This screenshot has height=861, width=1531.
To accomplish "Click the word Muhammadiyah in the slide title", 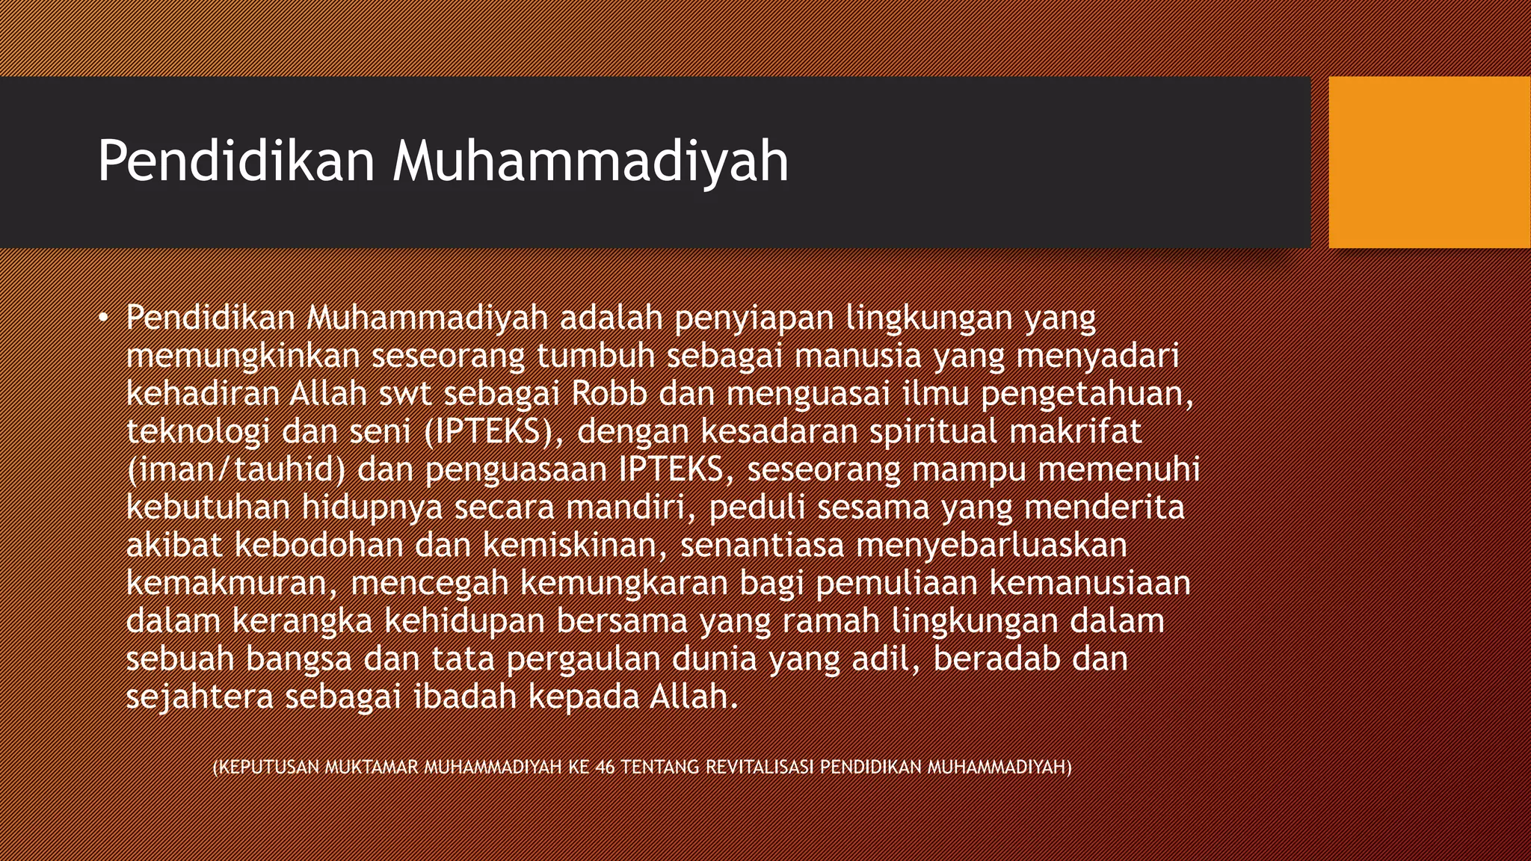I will tap(591, 161).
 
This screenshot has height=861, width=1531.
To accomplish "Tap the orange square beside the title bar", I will tap(1429, 162).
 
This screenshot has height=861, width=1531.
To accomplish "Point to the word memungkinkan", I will tap(243, 357).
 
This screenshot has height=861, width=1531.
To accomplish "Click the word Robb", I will tap(609, 394).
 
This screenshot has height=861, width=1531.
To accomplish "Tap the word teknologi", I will tap(197, 432).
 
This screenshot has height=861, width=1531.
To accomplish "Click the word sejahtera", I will tap(200, 697).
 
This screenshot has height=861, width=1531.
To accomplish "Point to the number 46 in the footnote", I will tap(606, 768).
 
